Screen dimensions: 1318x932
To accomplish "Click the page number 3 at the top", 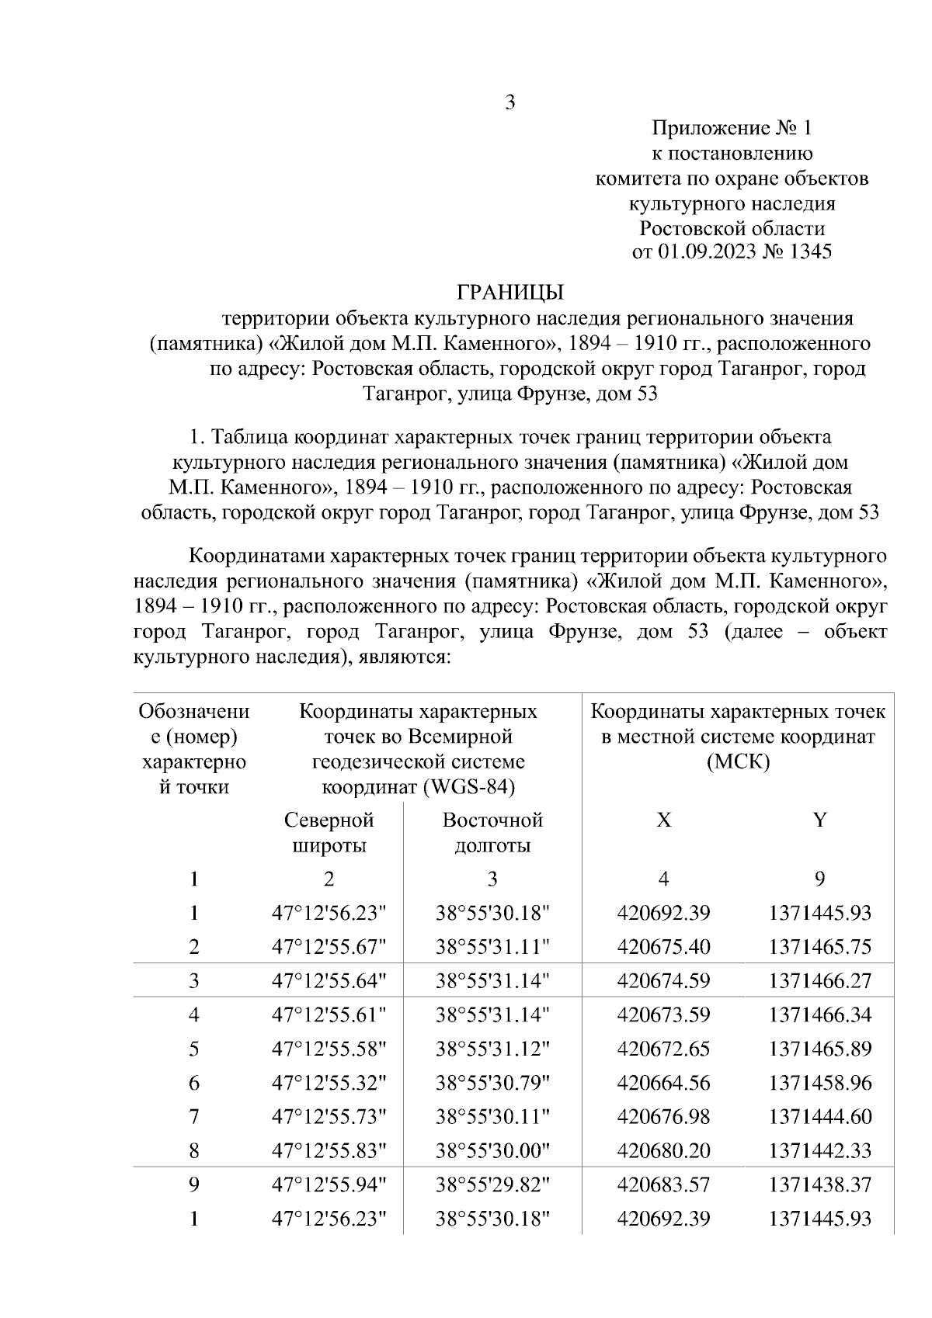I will click(x=510, y=102).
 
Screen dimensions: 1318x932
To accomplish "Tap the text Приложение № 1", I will click(x=731, y=128).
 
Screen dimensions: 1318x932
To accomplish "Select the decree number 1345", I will click(x=810, y=252).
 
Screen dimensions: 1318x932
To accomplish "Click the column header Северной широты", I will click(x=329, y=833).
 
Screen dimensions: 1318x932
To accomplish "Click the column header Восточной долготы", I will click(x=492, y=833).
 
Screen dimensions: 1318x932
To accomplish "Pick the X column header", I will click(x=663, y=820).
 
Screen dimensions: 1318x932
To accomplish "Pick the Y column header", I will click(x=820, y=820).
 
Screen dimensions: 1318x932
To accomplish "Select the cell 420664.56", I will click(x=663, y=1083).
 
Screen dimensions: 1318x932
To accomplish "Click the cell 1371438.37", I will click(x=820, y=1185).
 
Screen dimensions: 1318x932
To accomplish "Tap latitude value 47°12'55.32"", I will click(x=329, y=1083).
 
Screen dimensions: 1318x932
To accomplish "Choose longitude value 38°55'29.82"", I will click(x=492, y=1185).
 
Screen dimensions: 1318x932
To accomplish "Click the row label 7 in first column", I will click(x=194, y=1117).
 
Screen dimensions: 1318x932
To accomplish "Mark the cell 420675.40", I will click(x=663, y=947).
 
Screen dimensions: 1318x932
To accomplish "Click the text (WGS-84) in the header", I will click(x=469, y=787).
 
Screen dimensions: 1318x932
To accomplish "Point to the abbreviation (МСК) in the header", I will click(x=738, y=762).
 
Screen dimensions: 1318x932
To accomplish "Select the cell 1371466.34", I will click(x=820, y=1015).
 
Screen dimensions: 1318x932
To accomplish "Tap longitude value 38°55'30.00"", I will click(x=492, y=1151).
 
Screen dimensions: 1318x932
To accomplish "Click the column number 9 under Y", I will click(x=820, y=879).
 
